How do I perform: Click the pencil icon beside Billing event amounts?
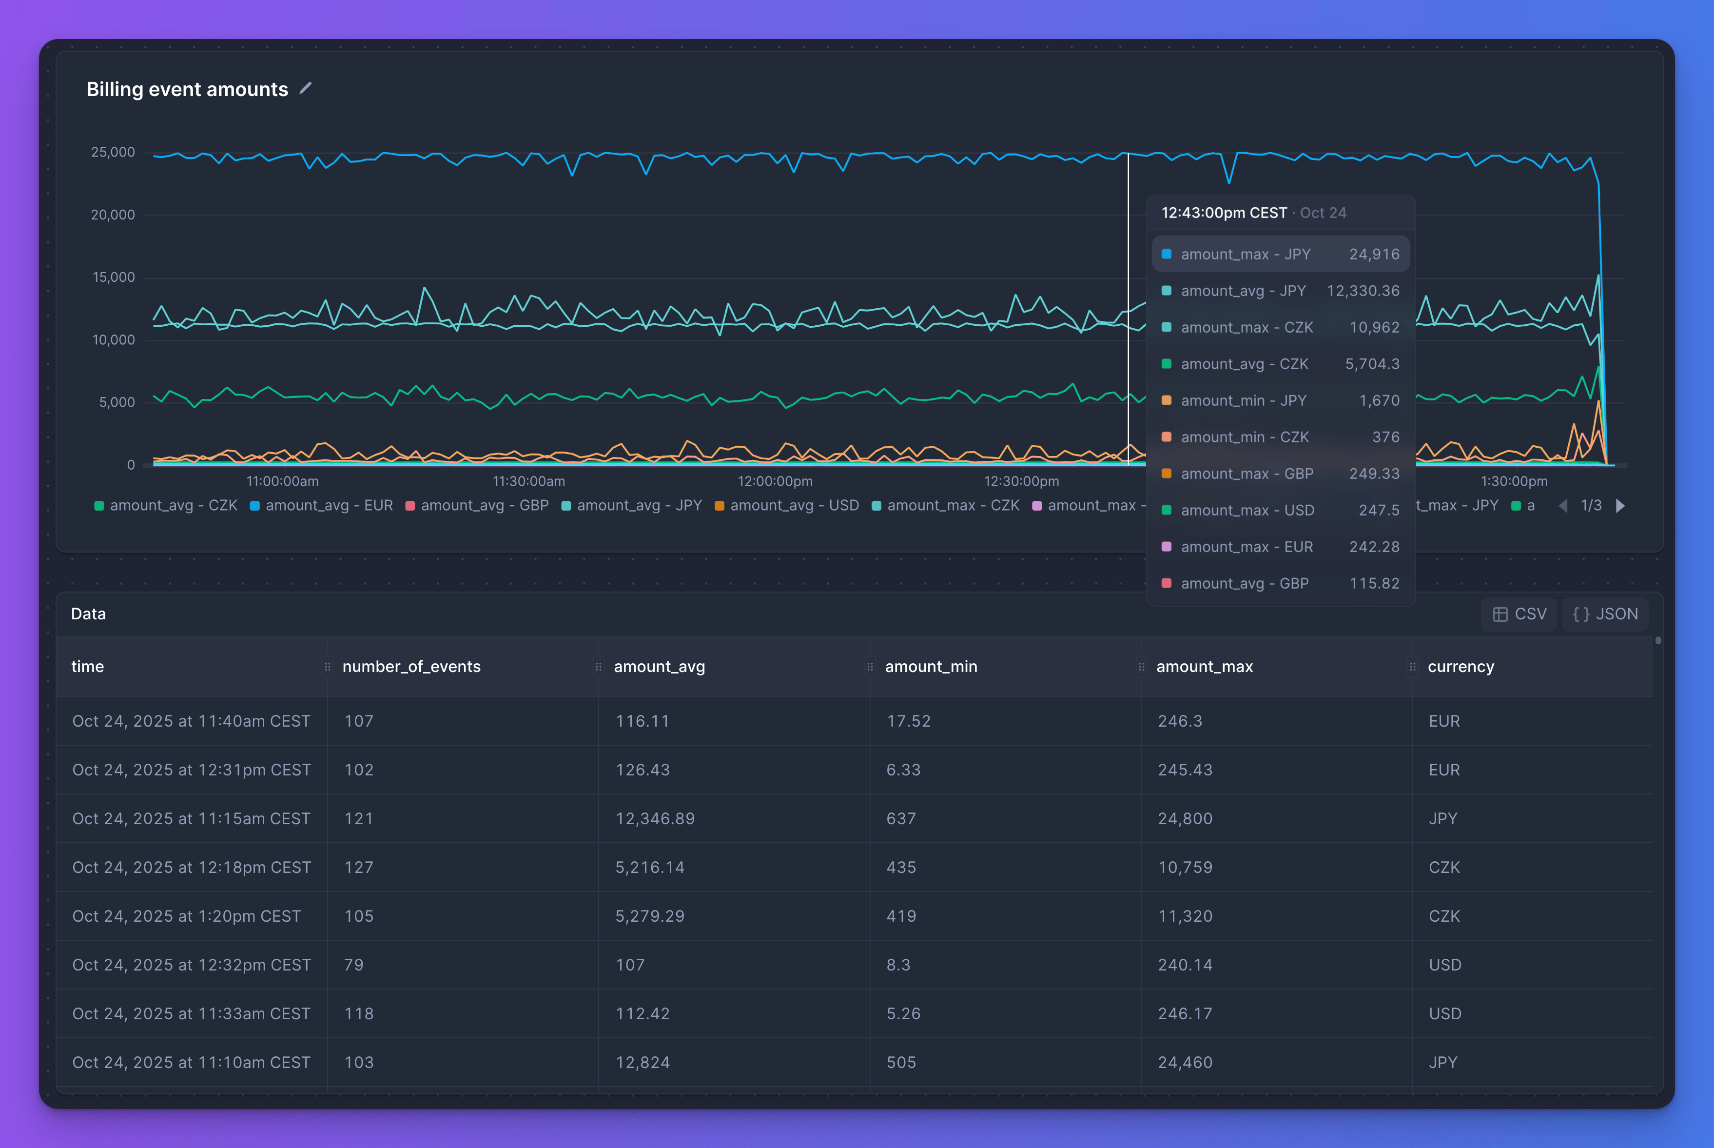click(306, 89)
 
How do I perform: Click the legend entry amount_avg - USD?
click(786, 505)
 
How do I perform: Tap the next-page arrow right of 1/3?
click(1620, 506)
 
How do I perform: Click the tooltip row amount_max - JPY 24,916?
click(1280, 254)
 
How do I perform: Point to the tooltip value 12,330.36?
click(1362, 291)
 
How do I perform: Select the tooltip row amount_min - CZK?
click(1280, 437)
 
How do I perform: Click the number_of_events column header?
click(411, 666)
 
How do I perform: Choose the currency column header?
click(1460, 666)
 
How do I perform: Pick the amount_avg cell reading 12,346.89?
click(655, 818)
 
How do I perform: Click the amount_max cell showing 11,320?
click(1185, 916)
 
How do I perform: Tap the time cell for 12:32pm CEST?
click(192, 965)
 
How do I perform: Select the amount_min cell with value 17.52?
click(908, 721)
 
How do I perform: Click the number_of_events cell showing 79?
click(354, 965)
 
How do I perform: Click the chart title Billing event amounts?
click(187, 89)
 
